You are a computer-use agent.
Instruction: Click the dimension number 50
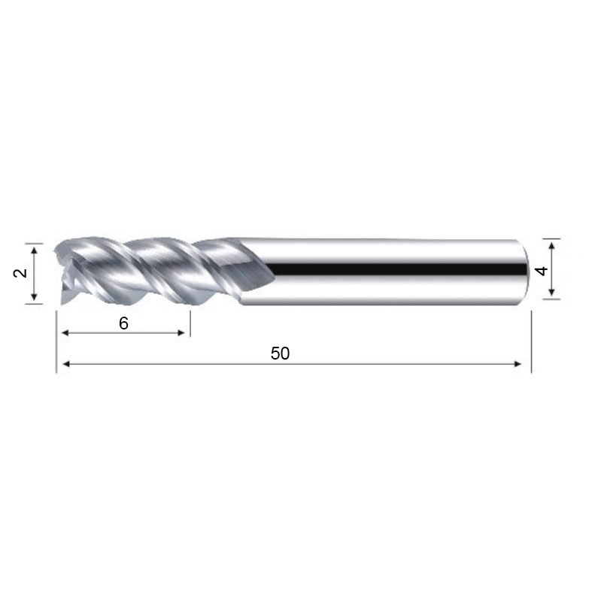click(280, 354)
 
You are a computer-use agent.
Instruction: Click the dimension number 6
click(123, 323)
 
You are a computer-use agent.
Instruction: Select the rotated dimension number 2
click(21, 273)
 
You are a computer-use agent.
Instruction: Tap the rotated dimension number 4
click(542, 272)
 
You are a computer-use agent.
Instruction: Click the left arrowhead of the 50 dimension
click(66, 364)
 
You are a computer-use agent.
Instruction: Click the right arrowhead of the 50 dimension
click(518, 364)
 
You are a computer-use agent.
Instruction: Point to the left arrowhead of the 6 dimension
click(65, 332)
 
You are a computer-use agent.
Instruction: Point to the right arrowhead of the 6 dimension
click(181, 332)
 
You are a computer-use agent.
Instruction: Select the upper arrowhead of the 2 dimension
click(34, 251)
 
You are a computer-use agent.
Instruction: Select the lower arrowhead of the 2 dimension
click(34, 296)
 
